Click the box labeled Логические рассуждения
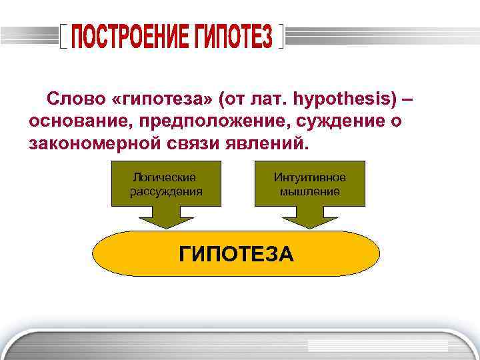165,183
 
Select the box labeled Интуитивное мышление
310,183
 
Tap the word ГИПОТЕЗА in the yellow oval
236,254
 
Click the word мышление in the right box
310,191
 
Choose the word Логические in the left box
165,177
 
